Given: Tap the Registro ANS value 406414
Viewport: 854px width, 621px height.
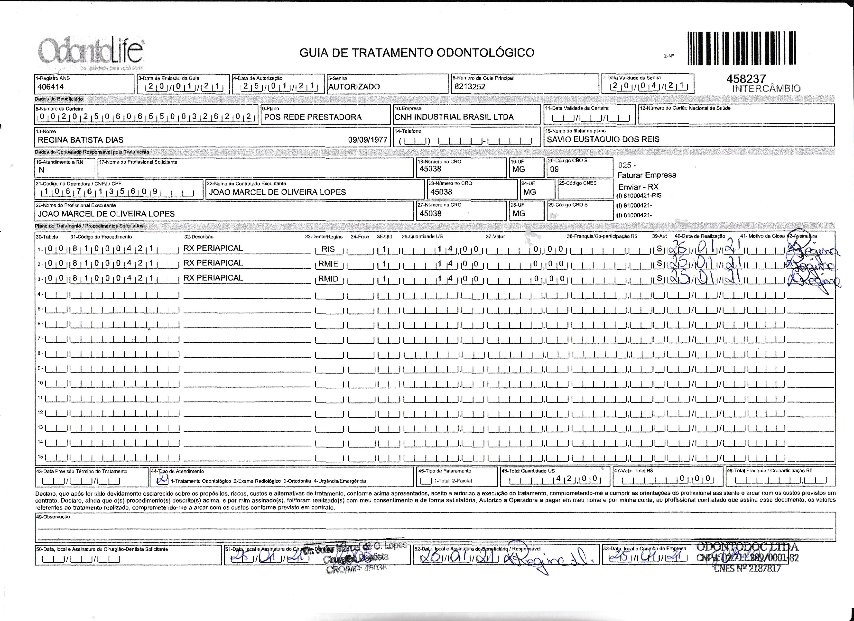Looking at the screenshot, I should [50, 87].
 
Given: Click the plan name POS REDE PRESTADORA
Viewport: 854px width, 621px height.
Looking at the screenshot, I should [313, 117].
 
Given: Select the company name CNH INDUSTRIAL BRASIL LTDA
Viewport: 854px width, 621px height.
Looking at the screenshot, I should [454, 117].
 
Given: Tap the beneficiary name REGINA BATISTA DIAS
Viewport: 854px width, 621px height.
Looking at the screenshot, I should [81, 140].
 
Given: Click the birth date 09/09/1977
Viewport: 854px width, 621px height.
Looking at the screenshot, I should [368, 140].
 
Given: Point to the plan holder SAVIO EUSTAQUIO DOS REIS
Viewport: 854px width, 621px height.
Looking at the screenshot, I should [603, 139].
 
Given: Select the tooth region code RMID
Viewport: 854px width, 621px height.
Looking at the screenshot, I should [328, 279].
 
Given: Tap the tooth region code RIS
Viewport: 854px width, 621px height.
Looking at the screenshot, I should [328, 249].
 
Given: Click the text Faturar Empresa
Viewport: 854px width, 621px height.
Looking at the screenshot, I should [647, 175].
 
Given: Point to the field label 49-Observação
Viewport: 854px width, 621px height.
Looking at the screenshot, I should [53, 517].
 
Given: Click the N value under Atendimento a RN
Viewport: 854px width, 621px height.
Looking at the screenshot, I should [41, 170].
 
